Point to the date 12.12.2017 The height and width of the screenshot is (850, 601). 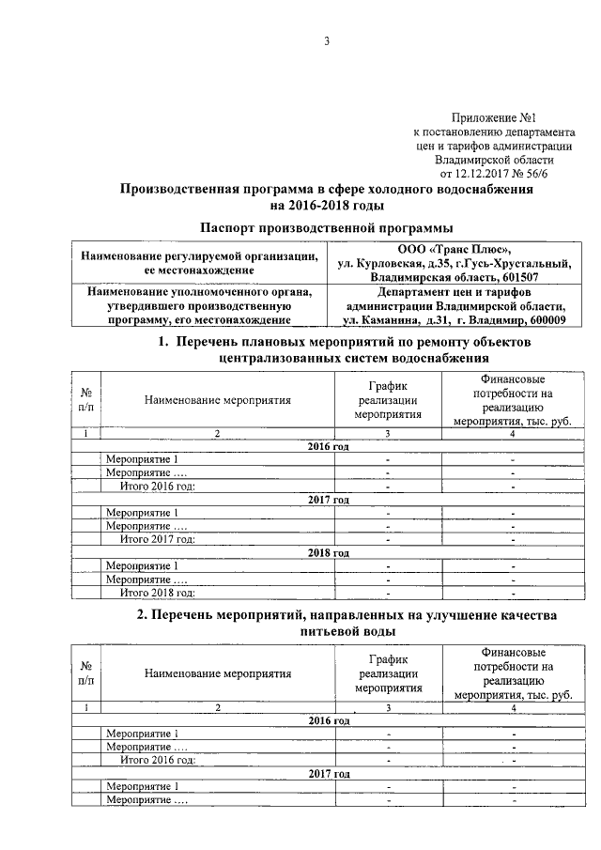click(x=485, y=174)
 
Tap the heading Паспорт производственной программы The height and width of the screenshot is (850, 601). click(x=328, y=228)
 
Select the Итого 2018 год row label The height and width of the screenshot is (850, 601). click(x=157, y=593)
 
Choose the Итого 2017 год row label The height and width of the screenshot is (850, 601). click(x=157, y=539)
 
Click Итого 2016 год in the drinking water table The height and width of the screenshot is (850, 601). click(x=157, y=760)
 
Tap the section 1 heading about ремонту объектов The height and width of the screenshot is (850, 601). click(x=328, y=349)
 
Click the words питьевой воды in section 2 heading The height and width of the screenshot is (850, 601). click(x=328, y=632)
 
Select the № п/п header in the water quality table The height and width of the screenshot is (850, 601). click(x=85, y=672)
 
